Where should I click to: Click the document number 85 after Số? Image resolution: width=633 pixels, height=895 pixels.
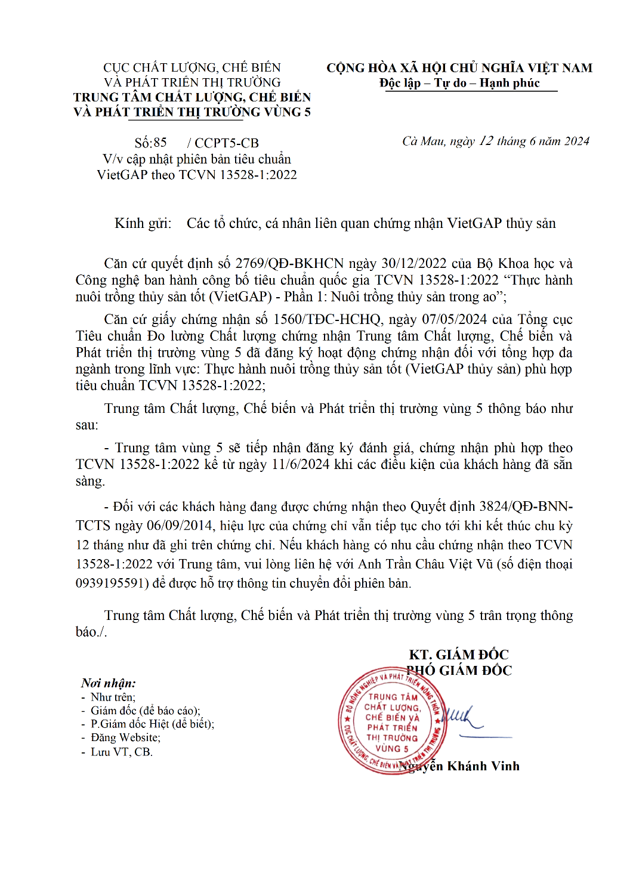pyautogui.click(x=160, y=143)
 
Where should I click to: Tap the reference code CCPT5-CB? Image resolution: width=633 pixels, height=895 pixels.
pyautogui.click(x=227, y=143)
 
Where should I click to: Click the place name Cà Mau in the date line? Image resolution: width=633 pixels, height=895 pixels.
pyautogui.click(x=424, y=141)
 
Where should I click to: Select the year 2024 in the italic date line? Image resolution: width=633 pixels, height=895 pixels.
pyautogui.click(x=577, y=141)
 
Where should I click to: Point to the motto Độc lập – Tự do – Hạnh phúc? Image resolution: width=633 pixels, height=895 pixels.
pyautogui.click(x=459, y=83)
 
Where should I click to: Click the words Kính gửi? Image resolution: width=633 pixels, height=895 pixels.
pyautogui.click(x=143, y=224)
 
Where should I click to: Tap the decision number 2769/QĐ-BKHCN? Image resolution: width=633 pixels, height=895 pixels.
pyautogui.click(x=289, y=264)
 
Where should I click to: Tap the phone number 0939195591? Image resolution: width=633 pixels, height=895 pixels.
pyautogui.click(x=112, y=583)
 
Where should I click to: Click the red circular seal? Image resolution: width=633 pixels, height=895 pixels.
pyautogui.click(x=392, y=721)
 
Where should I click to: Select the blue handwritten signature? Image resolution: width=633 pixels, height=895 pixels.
pyautogui.click(x=462, y=716)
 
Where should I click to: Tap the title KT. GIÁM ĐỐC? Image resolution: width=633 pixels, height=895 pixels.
pyautogui.click(x=459, y=655)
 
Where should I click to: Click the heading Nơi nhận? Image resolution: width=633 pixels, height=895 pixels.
pyautogui.click(x=109, y=683)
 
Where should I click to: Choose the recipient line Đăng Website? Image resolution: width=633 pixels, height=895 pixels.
pyautogui.click(x=125, y=738)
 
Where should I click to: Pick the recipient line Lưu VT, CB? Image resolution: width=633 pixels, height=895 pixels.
pyautogui.click(x=122, y=752)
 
